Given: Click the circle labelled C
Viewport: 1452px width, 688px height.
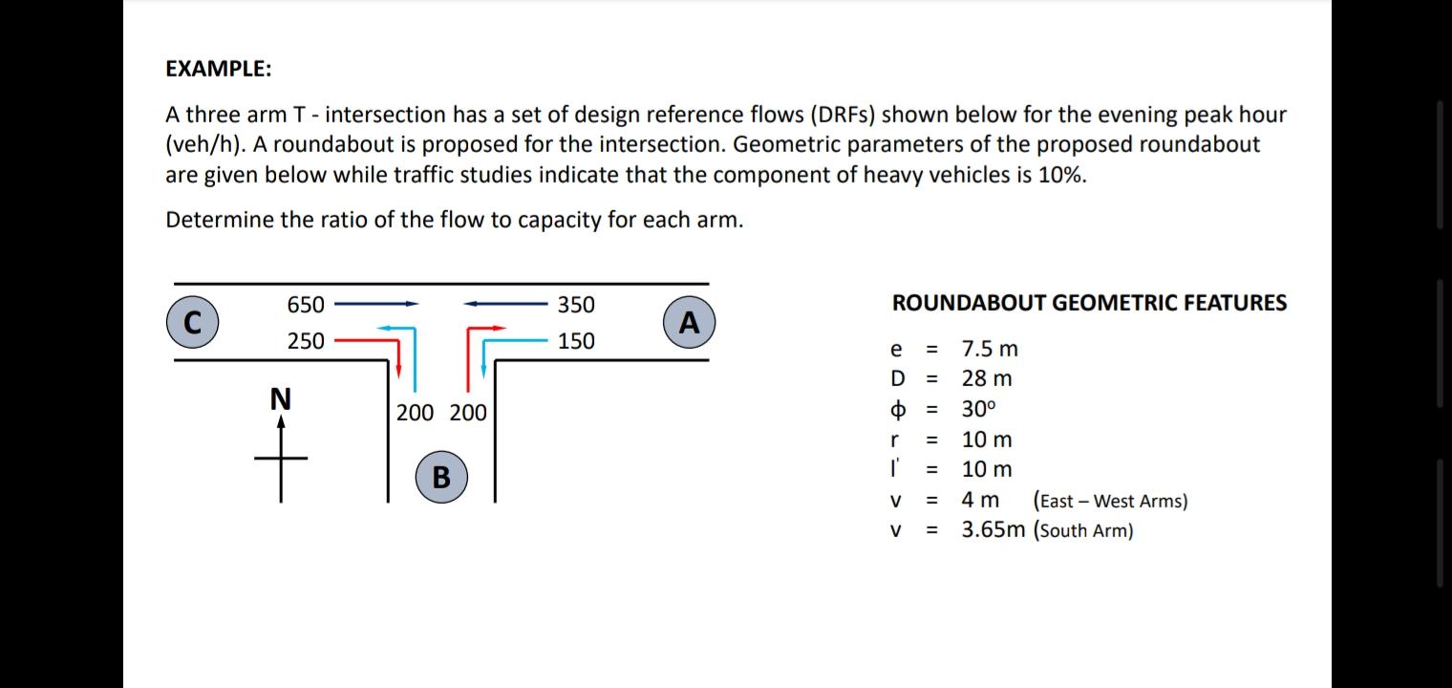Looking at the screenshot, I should [x=192, y=321].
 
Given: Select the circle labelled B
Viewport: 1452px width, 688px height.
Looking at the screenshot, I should [x=441, y=476].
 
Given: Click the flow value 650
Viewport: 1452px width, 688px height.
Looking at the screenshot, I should [x=306, y=305].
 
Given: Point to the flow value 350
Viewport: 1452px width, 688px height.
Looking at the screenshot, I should [x=576, y=305].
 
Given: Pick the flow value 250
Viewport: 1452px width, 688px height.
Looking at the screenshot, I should [x=306, y=341].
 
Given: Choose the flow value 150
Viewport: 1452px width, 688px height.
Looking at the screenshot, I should [x=576, y=341].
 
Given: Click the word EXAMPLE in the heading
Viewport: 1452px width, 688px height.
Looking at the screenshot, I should [x=218, y=69].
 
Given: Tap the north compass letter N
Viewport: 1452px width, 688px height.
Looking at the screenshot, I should [x=280, y=398].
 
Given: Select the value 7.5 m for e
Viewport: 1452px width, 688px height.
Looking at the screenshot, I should [x=990, y=349].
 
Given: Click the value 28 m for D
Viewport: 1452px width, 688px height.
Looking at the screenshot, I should [x=987, y=378].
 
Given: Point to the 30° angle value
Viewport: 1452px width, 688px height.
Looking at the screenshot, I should [x=979, y=409].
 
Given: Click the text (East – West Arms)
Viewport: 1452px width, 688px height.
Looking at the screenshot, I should [x=1110, y=501].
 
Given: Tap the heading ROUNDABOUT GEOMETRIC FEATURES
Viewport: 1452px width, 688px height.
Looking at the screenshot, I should [x=1089, y=303].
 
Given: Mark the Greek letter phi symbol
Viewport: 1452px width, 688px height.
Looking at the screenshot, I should [x=897, y=410].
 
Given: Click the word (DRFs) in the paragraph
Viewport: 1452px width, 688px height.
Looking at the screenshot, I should [x=843, y=115].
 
